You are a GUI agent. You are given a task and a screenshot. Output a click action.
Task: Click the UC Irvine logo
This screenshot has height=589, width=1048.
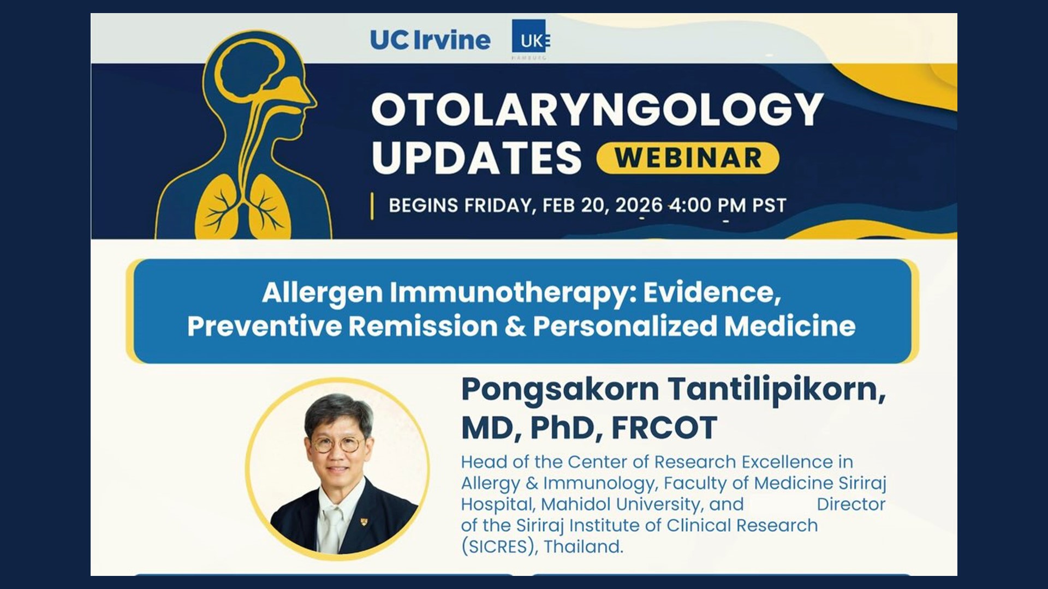(430, 40)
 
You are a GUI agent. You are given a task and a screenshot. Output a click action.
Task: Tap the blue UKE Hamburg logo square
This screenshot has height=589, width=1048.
(528, 37)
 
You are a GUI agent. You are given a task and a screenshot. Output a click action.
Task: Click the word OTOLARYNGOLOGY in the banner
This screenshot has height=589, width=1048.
(597, 110)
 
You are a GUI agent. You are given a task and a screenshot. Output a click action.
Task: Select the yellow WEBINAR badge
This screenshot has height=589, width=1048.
(688, 158)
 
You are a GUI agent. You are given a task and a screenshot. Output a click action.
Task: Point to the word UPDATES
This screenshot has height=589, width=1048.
(477, 158)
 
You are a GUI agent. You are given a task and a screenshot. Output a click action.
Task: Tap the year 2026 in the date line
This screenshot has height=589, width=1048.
(639, 206)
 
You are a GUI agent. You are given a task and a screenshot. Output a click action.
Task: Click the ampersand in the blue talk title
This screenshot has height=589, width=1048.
(515, 326)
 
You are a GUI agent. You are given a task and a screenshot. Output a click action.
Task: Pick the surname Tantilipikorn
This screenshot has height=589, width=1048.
(777, 390)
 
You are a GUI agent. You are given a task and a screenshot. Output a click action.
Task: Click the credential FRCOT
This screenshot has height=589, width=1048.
(664, 428)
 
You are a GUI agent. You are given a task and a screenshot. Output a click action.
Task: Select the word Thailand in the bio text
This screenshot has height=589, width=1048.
(583, 546)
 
